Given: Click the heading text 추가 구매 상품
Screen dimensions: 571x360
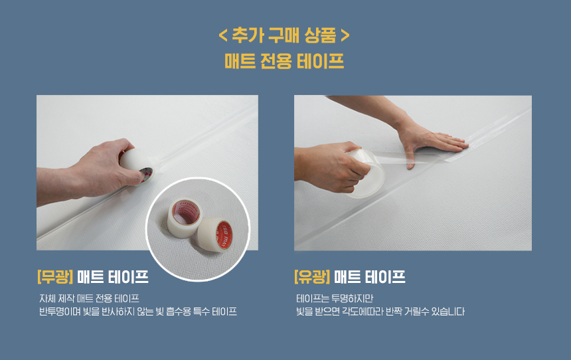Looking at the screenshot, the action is tap(284, 36).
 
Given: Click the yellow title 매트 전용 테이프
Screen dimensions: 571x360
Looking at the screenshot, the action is tap(284, 61).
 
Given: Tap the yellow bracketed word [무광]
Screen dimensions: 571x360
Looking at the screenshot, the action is tap(55, 276).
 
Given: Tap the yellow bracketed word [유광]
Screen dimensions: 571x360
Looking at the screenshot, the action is tap(312, 276).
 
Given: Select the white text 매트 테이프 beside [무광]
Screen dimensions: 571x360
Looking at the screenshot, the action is tap(113, 276).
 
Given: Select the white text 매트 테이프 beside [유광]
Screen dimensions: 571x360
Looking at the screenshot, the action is tap(370, 276).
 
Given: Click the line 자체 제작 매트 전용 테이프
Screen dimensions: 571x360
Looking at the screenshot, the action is tap(89, 299).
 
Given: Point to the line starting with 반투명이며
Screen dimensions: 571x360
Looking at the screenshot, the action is tap(138, 312).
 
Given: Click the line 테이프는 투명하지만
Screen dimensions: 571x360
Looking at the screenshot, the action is tap(335, 299).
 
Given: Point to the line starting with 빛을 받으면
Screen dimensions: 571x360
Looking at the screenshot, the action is tap(380, 312).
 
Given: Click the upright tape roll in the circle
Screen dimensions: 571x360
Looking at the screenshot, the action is tap(185, 218).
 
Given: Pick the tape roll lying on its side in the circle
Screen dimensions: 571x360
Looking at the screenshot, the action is tap(214, 234).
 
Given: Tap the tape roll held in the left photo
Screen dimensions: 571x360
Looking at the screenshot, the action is tap(137, 166).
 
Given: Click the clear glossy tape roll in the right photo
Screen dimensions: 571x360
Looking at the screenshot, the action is tap(366, 174).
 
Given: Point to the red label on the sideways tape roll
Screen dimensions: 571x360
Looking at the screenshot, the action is tap(224, 235).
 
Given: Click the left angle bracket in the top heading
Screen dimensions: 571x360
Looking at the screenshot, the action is tap(223, 36).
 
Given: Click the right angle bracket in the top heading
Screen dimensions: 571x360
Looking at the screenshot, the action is tap(345, 36).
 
